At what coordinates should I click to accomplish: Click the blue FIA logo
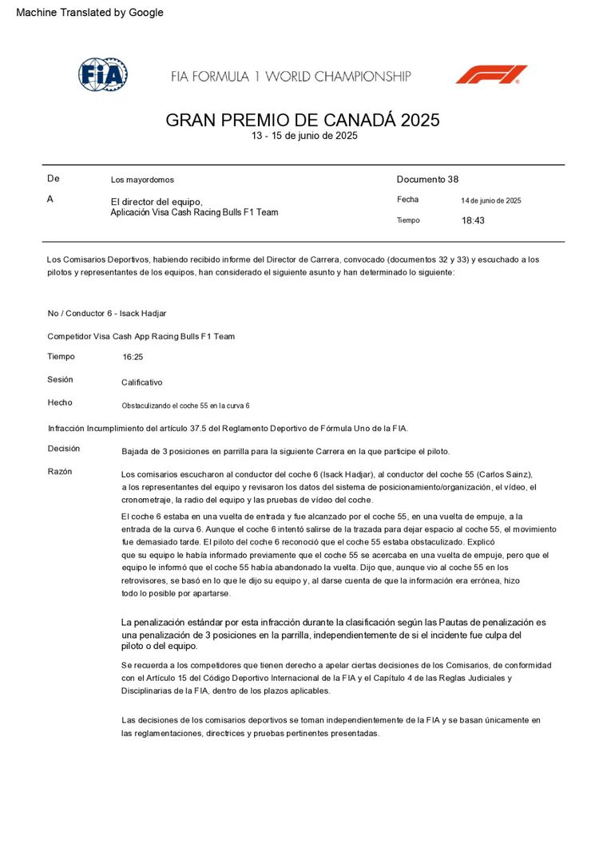[x=102, y=74]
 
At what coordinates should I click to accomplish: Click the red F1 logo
[x=491, y=74]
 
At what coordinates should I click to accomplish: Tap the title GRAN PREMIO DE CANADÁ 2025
[x=303, y=121]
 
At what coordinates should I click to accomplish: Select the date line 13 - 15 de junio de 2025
[x=304, y=136]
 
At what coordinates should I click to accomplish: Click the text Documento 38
[x=427, y=180]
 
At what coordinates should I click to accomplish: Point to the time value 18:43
[x=473, y=220]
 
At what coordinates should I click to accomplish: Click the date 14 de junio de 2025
[x=491, y=200]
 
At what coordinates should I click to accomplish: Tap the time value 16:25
[x=133, y=357]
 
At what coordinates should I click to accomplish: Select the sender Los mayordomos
[x=142, y=180]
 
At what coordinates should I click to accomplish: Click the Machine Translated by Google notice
[x=89, y=13]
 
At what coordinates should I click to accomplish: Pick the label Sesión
[x=60, y=379]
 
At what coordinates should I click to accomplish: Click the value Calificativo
[x=141, y=382]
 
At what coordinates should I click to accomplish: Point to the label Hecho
[x=59, y=402]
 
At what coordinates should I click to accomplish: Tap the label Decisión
[x=64, y=449]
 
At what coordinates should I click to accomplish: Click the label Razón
[x=60, y=471]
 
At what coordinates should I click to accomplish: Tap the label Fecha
[x=407, y=200]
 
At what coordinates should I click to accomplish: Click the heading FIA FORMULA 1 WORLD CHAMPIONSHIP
[x=291, y=77]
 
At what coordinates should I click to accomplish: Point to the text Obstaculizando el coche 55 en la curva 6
[x=185, y=406]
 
